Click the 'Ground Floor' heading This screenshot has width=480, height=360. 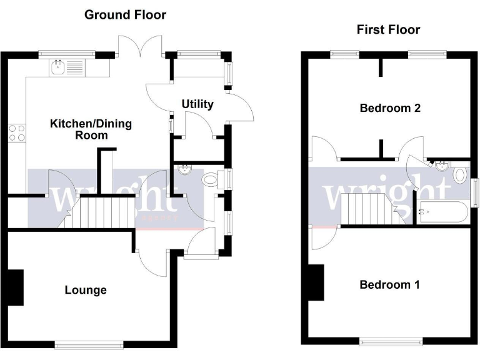(125, 14)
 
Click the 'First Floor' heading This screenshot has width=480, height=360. (388, 29)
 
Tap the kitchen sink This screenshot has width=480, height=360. (59, 66)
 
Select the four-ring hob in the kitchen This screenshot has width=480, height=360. (17, 132)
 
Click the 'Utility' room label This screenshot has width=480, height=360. (197, 104)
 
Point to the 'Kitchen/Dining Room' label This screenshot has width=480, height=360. (91, 129)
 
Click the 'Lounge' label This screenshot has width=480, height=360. (86, 290)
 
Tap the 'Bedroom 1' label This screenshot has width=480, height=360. (389, 285)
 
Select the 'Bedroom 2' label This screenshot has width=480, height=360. (390, 108)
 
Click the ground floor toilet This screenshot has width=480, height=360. (211, 180)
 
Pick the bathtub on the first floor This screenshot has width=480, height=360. (442, 212)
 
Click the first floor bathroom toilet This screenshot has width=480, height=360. (461, 174)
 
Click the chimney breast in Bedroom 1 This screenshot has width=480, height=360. (317, 282)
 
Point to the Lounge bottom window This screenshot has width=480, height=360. (89, 344)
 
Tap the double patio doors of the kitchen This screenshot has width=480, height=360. (140, 50)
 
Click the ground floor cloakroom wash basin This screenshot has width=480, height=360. (185, 170)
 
